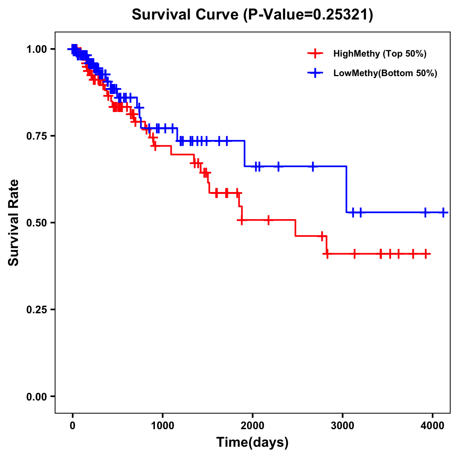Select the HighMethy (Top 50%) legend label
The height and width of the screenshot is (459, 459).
coord(380,54)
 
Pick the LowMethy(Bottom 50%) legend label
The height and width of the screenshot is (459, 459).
coord(385,73)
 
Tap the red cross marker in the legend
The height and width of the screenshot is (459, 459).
coord(315,54)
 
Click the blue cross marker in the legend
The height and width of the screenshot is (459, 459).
coord(315,73)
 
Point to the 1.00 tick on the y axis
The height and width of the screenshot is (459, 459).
coord(36,49)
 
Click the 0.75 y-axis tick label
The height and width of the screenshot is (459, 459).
coord(36,136)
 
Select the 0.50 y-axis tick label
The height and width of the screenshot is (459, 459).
coord(36,223)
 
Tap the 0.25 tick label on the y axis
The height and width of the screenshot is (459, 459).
coord(36,310)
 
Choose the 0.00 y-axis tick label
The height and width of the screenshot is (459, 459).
coord(36,397)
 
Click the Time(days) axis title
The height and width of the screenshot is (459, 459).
coord(252,443)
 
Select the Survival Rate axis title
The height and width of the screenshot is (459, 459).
coord(14,223)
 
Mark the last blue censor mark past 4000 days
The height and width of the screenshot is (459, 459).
coord(443,212)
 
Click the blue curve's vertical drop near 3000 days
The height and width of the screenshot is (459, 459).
coord(347,189)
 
